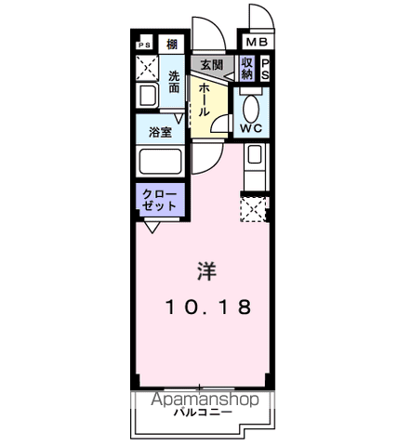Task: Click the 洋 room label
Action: tap(207, 271)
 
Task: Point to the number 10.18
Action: tap(208, 308)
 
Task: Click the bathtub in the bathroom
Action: tap(161, 163)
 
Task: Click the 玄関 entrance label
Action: tap(210, 65)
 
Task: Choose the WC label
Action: tap(251, 127)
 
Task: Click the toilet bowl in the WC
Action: tap(251, 102)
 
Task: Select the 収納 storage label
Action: tap(246, 68)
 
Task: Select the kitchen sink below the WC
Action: tap(254, 157)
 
